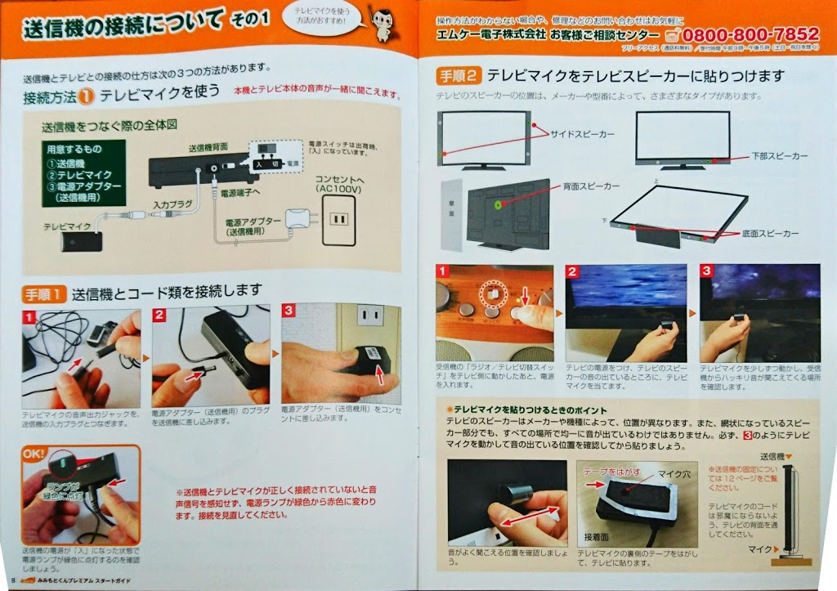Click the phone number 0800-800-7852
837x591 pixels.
[750, 35]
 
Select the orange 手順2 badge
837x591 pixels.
[459, 76]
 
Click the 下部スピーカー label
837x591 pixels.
[778, 154]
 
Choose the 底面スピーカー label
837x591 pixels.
[767, 234]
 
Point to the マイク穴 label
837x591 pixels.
[675, 472]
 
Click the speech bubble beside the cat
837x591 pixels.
[324, 17]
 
